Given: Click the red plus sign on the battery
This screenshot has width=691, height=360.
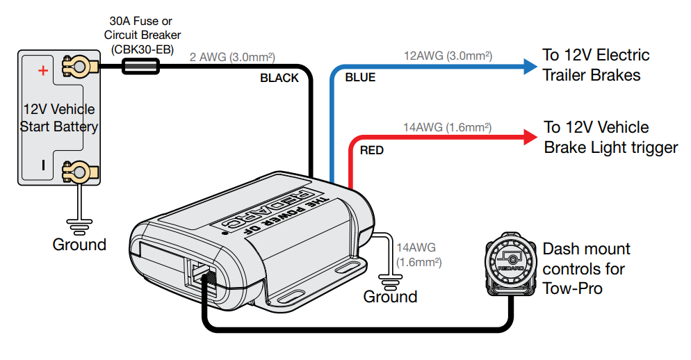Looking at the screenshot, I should coord(42,70).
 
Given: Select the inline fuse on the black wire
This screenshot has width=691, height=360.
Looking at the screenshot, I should coord(140,67).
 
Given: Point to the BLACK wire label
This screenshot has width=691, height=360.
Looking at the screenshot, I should coord(279,78).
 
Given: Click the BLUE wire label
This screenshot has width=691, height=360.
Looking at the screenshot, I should coord(360,78).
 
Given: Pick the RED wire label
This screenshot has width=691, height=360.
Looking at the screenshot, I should coord(372,150).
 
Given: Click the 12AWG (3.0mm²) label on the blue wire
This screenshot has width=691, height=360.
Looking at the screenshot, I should coord(448,55).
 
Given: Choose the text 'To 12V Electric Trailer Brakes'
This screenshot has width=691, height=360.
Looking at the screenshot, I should coord(596,65).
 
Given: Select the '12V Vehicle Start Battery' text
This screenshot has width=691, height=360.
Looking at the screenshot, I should coord(59,118).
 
